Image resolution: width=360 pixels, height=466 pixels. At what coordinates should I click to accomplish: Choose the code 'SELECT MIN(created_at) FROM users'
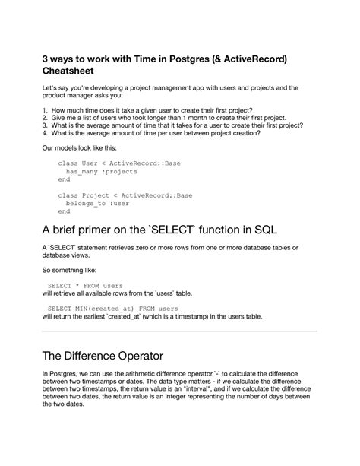coord(112,309)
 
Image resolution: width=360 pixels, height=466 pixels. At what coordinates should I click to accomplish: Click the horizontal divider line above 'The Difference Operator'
coord(179,331)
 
